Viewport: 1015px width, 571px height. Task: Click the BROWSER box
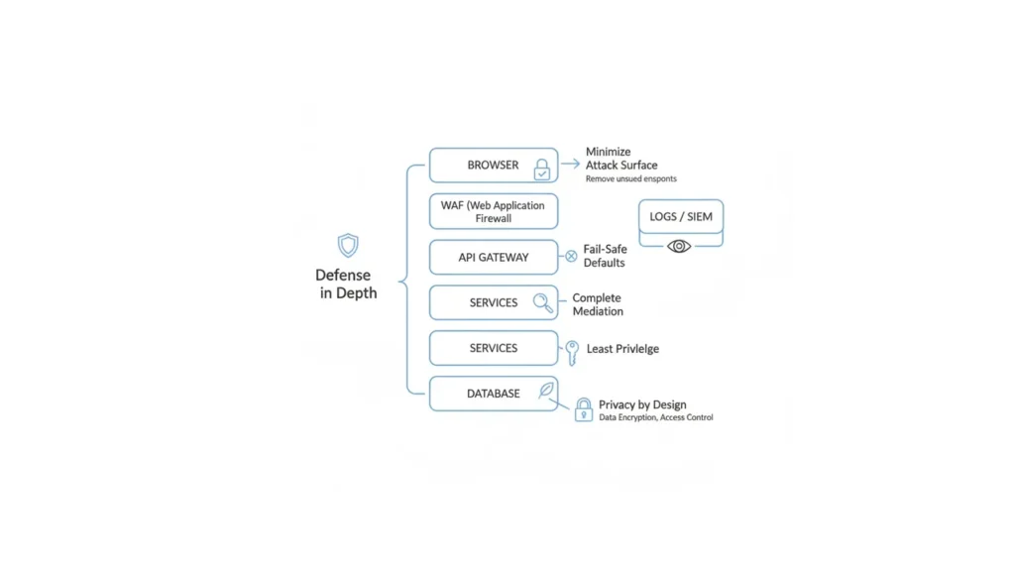[x=493, y=166]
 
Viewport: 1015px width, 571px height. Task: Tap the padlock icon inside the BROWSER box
[x=542, y=170]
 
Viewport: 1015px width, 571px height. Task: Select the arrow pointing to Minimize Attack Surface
[x=570, y=165]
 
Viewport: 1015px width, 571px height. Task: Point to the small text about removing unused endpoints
[x=630, y=179]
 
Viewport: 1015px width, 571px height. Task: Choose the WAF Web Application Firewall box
[x=493, y=211]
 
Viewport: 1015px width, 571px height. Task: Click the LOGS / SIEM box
[x=680, y=217]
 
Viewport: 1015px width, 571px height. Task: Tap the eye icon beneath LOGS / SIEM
[x=679, y=246]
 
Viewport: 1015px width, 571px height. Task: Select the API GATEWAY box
[x=493, y=258]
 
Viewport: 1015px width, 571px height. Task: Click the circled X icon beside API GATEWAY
[x=571, y=257]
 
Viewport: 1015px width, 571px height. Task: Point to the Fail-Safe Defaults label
[x=605, y=256]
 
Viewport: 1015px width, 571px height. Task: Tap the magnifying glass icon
[x=543, y=303]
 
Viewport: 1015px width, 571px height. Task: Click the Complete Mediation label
[x=598, y=304]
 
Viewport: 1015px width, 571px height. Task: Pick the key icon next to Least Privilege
[x=572, y=352]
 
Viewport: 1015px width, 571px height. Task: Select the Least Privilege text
[x=622, y=349]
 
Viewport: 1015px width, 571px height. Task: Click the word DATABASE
[x=493, y=394]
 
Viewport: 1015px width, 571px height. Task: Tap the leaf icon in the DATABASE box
[x=546, y=391]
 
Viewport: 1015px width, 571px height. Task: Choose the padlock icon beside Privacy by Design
[x=584, y=409]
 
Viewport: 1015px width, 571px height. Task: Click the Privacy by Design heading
[x=641, y=404]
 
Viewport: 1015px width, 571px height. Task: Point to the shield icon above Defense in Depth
[x=348, y=246]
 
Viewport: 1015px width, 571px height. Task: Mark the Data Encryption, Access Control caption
[x=655, y=418]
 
